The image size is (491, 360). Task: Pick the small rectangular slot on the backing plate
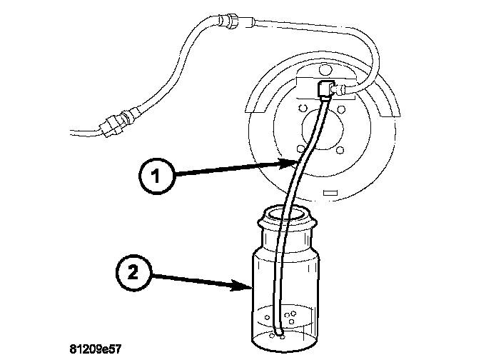pos(330,193)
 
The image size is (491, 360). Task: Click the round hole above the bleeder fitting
pos(325,71)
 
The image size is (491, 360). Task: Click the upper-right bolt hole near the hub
pos(343,110)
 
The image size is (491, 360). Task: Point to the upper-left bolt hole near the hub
pos(304,109)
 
